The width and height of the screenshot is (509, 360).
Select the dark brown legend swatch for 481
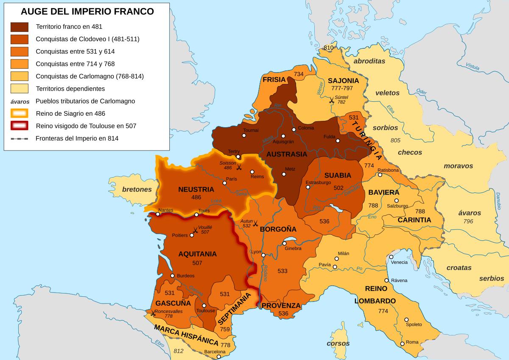pos(20,27)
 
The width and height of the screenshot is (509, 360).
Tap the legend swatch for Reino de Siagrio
pos(20,113)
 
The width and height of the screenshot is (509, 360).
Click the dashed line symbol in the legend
pos(20,138)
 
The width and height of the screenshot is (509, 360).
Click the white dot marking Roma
pos(402,343)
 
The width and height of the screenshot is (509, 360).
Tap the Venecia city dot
pos(391,257)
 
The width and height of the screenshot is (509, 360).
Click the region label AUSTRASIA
pos(287,153)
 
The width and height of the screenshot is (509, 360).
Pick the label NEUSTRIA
pos(196,189)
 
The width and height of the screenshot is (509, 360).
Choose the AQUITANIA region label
pos(197,254)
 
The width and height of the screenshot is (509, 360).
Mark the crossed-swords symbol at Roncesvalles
pos(152,314)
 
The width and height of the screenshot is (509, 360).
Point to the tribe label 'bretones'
pos(137,189)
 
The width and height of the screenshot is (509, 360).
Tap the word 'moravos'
pos(458,166)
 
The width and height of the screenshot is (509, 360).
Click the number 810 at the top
pos(328,48)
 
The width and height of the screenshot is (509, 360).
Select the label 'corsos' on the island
pos(338,343)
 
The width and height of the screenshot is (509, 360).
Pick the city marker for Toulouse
pos(204,305)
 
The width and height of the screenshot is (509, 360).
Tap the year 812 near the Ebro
pos(178,351)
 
